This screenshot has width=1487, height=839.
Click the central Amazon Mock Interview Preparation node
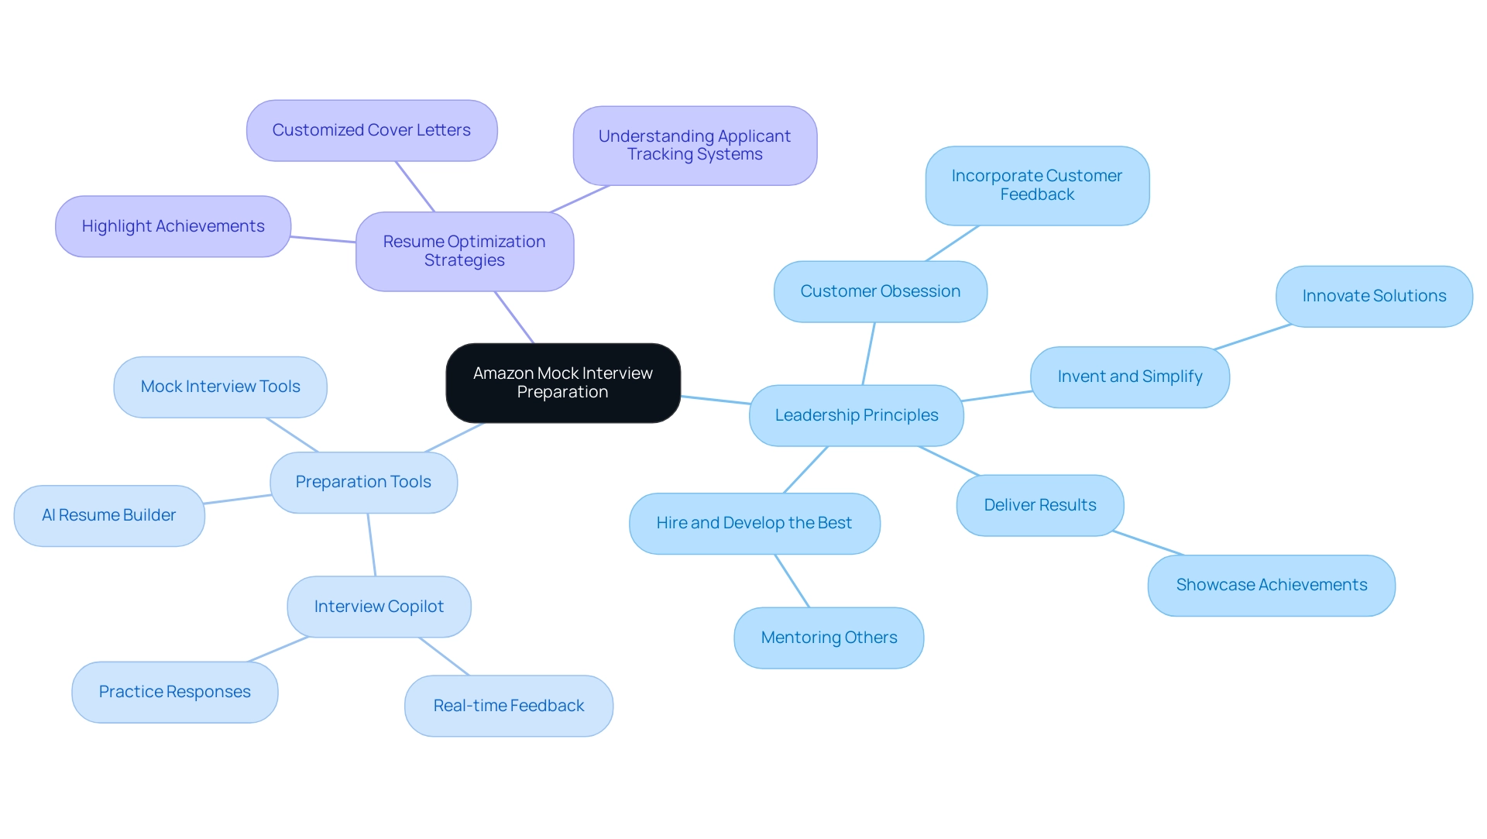coord(563,383)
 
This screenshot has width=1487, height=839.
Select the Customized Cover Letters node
coord(372,130)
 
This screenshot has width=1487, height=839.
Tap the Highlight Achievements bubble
coord(173,226)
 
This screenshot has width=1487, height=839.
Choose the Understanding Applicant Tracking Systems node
coord(695,146)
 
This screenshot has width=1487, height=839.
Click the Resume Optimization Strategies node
coord(465,251)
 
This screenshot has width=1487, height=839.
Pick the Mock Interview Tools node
coord(220,387)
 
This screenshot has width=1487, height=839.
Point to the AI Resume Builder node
coord(109,515)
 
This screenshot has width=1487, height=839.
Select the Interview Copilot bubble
coord(379,607)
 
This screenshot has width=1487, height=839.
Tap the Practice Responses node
coord(175,692)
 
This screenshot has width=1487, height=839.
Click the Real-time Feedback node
coord(509,706)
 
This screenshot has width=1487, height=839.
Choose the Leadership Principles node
coord(857,415)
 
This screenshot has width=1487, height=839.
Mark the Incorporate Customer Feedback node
coord(1037,185)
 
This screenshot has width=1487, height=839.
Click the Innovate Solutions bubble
coord(1374,296)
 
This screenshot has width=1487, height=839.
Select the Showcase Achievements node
coord(1272,585)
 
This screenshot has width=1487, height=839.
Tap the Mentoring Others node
coord(829,638)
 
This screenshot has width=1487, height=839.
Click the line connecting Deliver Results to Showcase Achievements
coord(1148,543)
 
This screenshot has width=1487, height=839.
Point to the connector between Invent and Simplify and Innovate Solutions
coord(1252,337)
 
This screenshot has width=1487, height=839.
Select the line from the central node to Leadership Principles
coord(715,400)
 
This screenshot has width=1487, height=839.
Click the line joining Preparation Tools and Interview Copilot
coord(372,545)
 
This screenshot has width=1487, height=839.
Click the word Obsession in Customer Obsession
coord(921,291)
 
